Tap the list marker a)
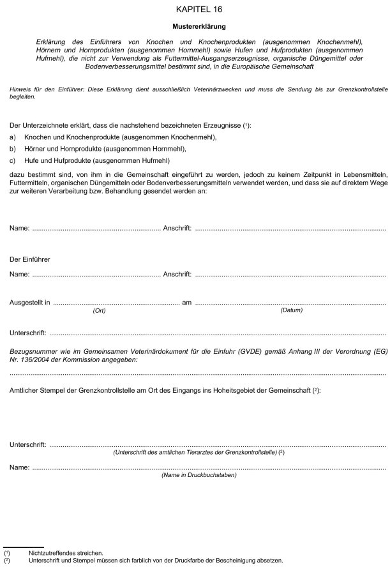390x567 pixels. pyautogui.click(x=13, y=137)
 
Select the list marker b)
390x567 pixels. pyautogui.click(x=13, y=148)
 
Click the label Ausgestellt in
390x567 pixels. pyautogui.click(x=30, y=303)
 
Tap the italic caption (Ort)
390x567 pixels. pyautogui.click(x=99, y=310)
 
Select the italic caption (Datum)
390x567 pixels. pyautogui.click(x=291, y=310)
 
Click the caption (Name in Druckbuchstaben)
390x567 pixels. pyautogui.click(x=199, y=475)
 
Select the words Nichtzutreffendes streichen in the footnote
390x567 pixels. pyautogui.click(x=61, y=553)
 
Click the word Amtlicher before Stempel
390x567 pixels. pyautogui.click(x=26, y=389)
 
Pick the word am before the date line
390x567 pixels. pyautogui.click(x=187, y=303)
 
